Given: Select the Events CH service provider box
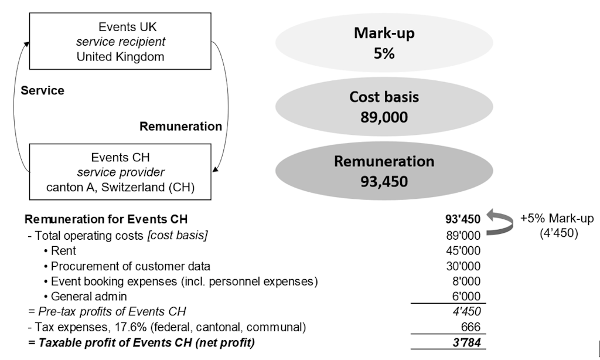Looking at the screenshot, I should tap(120, 172).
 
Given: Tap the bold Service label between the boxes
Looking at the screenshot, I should tap(42, 91).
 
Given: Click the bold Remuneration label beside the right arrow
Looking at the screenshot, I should tap(180, 126).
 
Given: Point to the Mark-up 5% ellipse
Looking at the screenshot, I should tap(384, 43).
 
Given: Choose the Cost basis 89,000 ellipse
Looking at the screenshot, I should tap(384, 107).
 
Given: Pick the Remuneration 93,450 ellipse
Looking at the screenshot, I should tap(384, 171).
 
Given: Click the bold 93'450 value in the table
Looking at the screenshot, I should tap(463, 219).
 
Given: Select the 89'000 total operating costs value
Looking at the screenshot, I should tap(463, 235).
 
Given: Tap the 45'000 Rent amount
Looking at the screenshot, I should tap(463, 250).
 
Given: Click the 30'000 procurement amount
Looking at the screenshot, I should tap(463, 266).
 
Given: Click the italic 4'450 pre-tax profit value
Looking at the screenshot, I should tap(466, 311).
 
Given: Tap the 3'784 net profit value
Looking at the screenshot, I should tap(466, 342).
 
